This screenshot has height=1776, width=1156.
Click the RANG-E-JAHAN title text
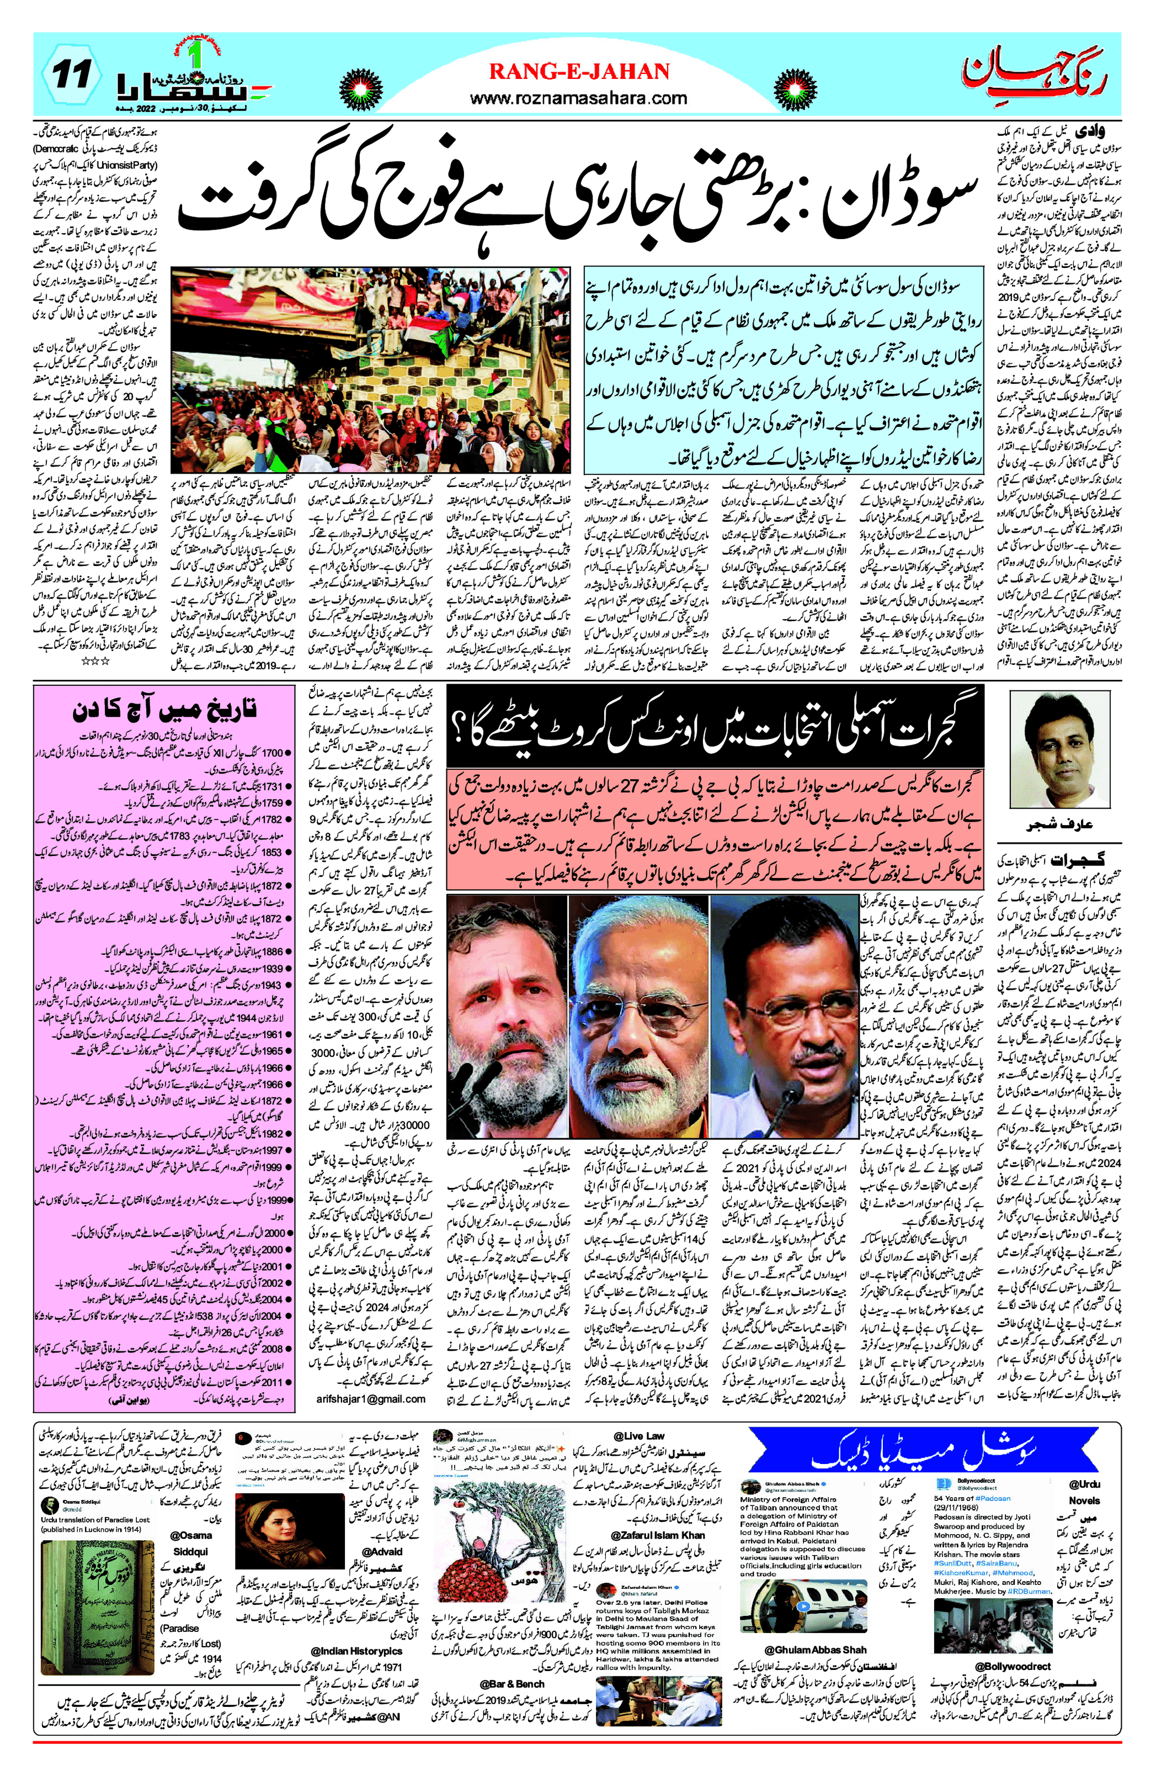pyautogui.click(x=579, y=72)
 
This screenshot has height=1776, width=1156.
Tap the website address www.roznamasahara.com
pyautogui.click(x=578, y=98)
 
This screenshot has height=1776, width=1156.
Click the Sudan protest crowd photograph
pyautogui.click(x=371, y=369)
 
